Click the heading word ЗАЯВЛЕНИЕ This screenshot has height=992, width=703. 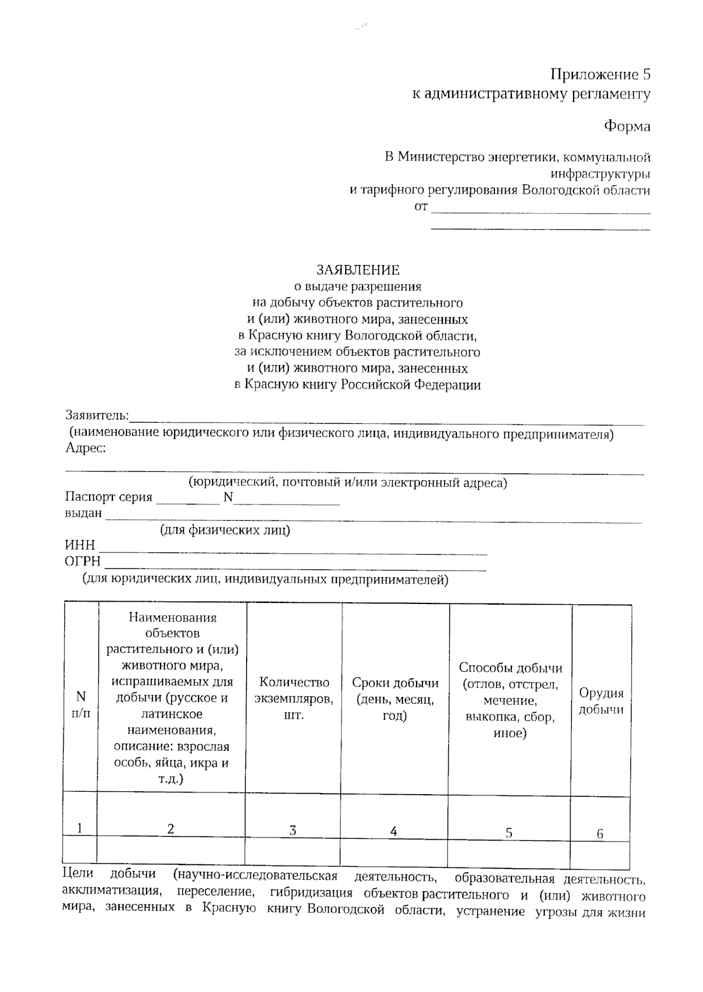click(358, 270)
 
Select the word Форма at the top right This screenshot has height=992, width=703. click(627, 126)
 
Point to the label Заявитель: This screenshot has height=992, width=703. click(97, 416)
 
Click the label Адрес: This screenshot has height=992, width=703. click(86, 448)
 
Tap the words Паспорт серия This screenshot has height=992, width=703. click(108, 497)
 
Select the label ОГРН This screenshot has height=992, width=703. click(82, 562)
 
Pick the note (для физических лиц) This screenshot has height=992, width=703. click(225, 530)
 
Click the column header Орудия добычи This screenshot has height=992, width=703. click(601, 701)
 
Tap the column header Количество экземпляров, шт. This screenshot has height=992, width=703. click(294, 699)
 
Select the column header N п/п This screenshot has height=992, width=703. click(81, 704)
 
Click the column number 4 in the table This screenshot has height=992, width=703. click(394, 831)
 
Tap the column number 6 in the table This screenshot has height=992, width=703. click(600, 834)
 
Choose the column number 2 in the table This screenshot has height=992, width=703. click(170, 829)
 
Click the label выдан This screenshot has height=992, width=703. click(83, 514)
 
